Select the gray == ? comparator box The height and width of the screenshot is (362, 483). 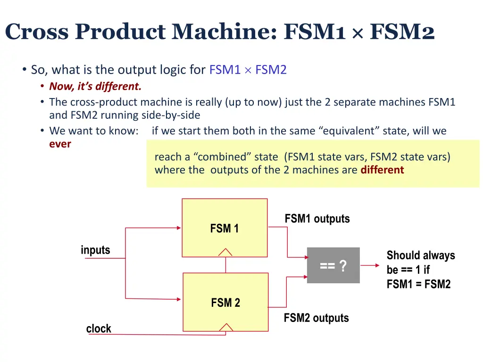[333, 265]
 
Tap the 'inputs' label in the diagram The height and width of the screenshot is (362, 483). [95, 250]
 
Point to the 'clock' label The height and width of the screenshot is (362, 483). [99, 329]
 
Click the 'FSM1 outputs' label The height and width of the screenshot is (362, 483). [317, 219]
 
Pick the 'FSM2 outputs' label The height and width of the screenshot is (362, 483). [316, 318]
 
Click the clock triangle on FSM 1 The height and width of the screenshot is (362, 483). [225, 252]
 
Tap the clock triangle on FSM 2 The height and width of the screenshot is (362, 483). [226, 327]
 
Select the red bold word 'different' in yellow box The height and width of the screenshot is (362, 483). [382, 170]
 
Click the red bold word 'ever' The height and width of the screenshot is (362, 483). [60, 144]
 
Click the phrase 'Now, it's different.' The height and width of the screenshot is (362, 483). [95, 86]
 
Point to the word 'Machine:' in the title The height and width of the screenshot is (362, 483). [224, 32]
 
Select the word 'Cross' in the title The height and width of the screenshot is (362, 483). [37, 32]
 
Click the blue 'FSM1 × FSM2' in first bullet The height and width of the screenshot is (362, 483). [248, 70]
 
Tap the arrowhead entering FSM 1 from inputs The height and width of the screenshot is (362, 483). [178, 228]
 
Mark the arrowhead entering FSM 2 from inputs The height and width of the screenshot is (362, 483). [178, 298]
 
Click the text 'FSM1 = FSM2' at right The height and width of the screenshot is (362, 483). [418, 284]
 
